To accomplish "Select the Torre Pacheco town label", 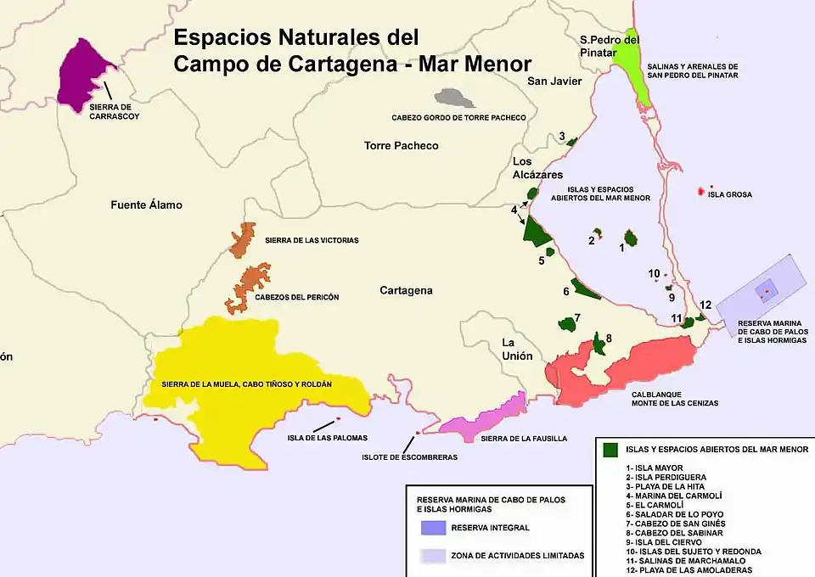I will click(401, 146).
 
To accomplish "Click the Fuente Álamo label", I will click(146, 205).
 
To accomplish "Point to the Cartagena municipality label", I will click(406, 290).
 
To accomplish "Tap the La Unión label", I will click(516, 349).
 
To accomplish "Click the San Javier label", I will click(554, 81).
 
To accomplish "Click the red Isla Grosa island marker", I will click(701, 193).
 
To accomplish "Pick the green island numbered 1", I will click(632, 238).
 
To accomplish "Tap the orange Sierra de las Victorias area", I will click(244, 238).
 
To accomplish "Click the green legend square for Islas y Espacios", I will click(609, 450).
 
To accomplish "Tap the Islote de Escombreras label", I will click(409, 457).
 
